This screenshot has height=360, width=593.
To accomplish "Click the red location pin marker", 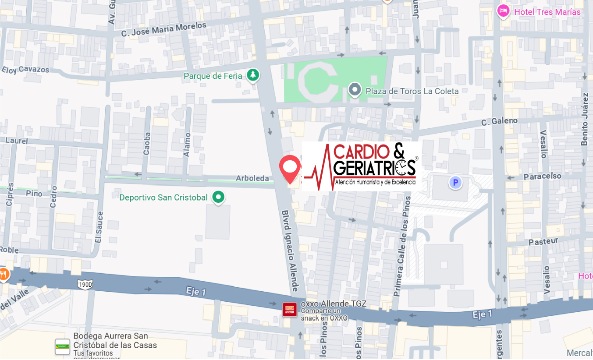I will pos(290,168).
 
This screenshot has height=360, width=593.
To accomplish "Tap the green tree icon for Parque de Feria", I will pos(252,75).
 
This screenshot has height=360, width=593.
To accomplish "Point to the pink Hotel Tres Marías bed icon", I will pos(503,11).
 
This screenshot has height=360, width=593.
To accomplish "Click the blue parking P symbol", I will pos(455,182).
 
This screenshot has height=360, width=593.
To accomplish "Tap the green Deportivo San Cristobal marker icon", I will pos(218,197).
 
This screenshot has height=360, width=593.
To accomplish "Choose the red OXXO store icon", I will pos(290,309).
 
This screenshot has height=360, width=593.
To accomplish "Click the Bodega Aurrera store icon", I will pos(62,346).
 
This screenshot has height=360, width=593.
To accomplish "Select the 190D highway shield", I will pos(85,285).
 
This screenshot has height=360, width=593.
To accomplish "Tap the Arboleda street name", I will pos(252,178).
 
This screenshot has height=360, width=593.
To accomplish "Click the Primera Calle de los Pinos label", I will pos(402,246).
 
